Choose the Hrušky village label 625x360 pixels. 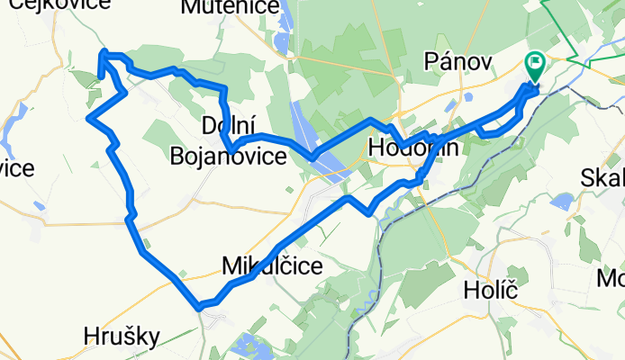tap(121, 337)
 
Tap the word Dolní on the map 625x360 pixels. tap(224, 124)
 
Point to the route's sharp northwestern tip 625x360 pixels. tap(104, 54)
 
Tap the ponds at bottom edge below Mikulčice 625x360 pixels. tap(248, 346)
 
